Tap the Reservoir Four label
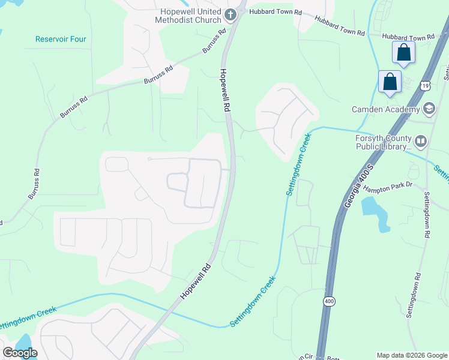point(61,40)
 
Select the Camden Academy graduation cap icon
point(429,109)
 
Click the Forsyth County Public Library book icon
point(420,142)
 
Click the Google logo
point(20,352)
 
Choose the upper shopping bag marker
point(403,52)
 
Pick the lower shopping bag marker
point(390,82)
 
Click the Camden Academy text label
point(385,109)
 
